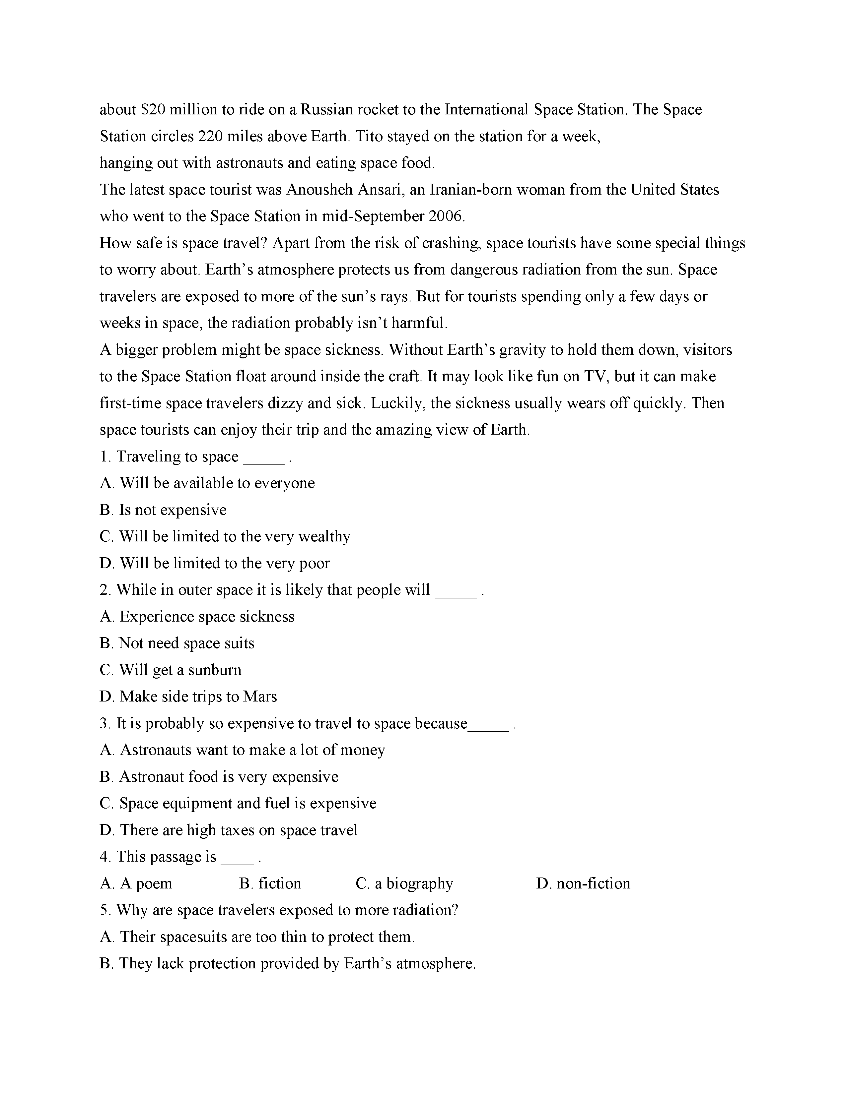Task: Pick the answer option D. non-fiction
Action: (583, 883)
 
